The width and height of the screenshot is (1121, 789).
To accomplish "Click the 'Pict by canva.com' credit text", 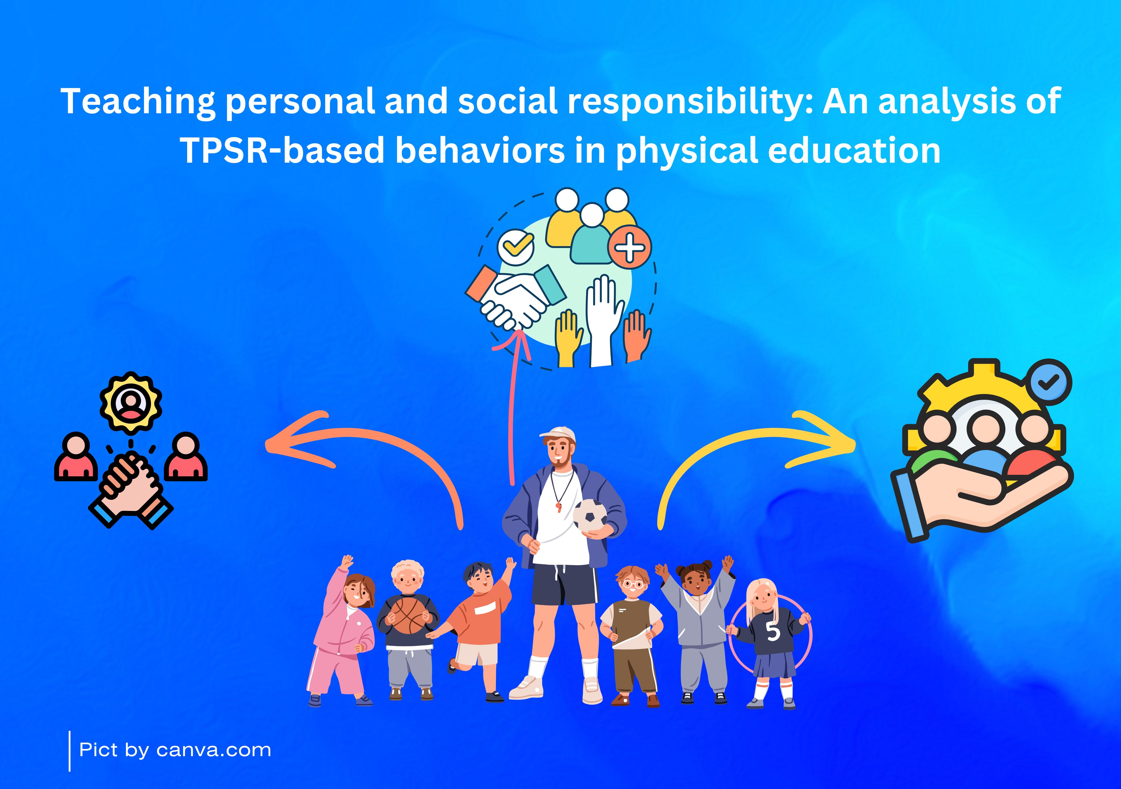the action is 175,750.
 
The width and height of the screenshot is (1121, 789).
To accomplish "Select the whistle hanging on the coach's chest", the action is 559,507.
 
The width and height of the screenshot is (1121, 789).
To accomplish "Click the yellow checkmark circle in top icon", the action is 516,246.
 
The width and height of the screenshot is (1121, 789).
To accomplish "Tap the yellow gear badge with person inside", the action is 131,403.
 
